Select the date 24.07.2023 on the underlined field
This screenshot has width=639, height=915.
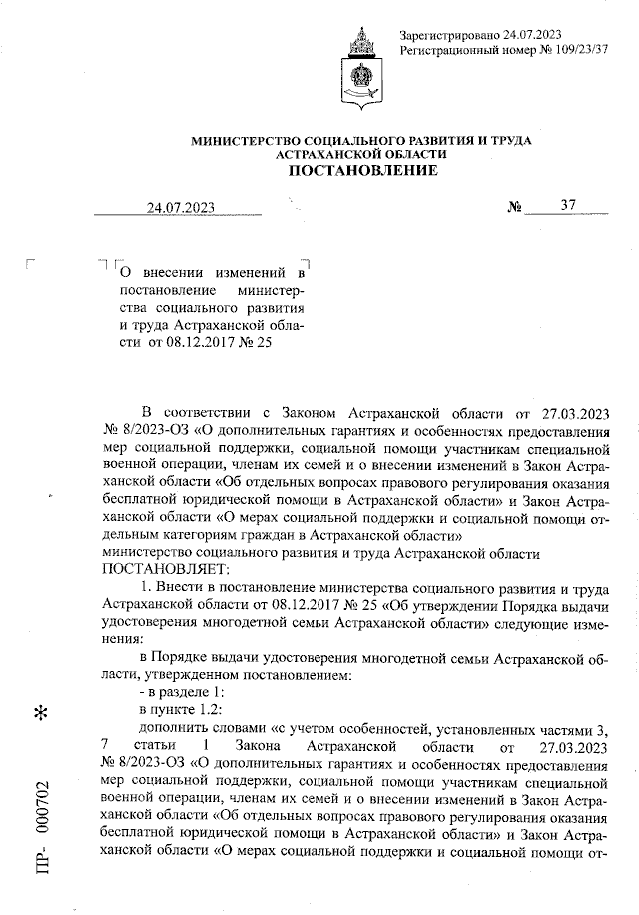(180, 208)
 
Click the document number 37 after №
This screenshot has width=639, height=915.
(568, 206)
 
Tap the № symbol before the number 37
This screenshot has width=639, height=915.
(516, 208)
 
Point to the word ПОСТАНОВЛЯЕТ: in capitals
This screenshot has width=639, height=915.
(166, 569)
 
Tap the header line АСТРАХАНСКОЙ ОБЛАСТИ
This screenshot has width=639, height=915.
(361, 156)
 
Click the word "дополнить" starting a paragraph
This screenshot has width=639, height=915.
(172, 728)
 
